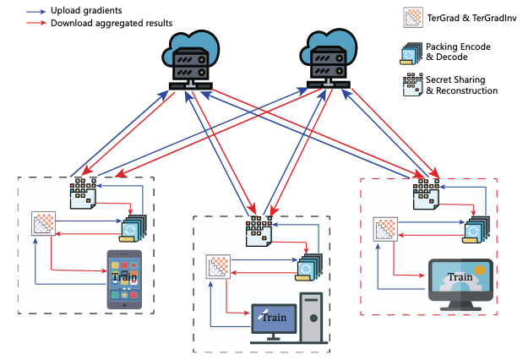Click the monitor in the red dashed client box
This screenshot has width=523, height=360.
pos(460,279)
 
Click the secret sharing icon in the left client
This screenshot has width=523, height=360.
pos(84,193)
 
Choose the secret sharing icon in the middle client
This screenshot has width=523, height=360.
pos(259,229)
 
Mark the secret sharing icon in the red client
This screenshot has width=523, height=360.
pos(425,193)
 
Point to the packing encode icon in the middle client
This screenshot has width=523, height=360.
pos(309,268)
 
